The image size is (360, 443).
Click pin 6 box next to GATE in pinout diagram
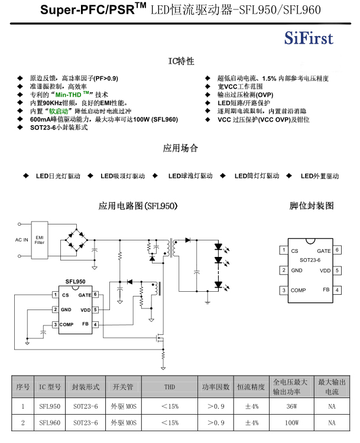(x=338, y=250)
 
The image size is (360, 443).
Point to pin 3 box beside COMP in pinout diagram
(x=284, y=290)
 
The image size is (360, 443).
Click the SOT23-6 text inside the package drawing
(x=310, y=260)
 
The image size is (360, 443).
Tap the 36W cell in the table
(x=291, y=406)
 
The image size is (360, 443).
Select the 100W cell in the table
(x=291, y=423)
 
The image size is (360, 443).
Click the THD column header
(x=170, y=387)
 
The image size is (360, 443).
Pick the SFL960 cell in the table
(x=50, y=423)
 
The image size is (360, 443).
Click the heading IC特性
(x=181, y=61)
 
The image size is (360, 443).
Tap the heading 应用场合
(x=180, y=148)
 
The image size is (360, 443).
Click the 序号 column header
(x=23, y=387)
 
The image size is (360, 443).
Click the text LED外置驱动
(x=320, y=176)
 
